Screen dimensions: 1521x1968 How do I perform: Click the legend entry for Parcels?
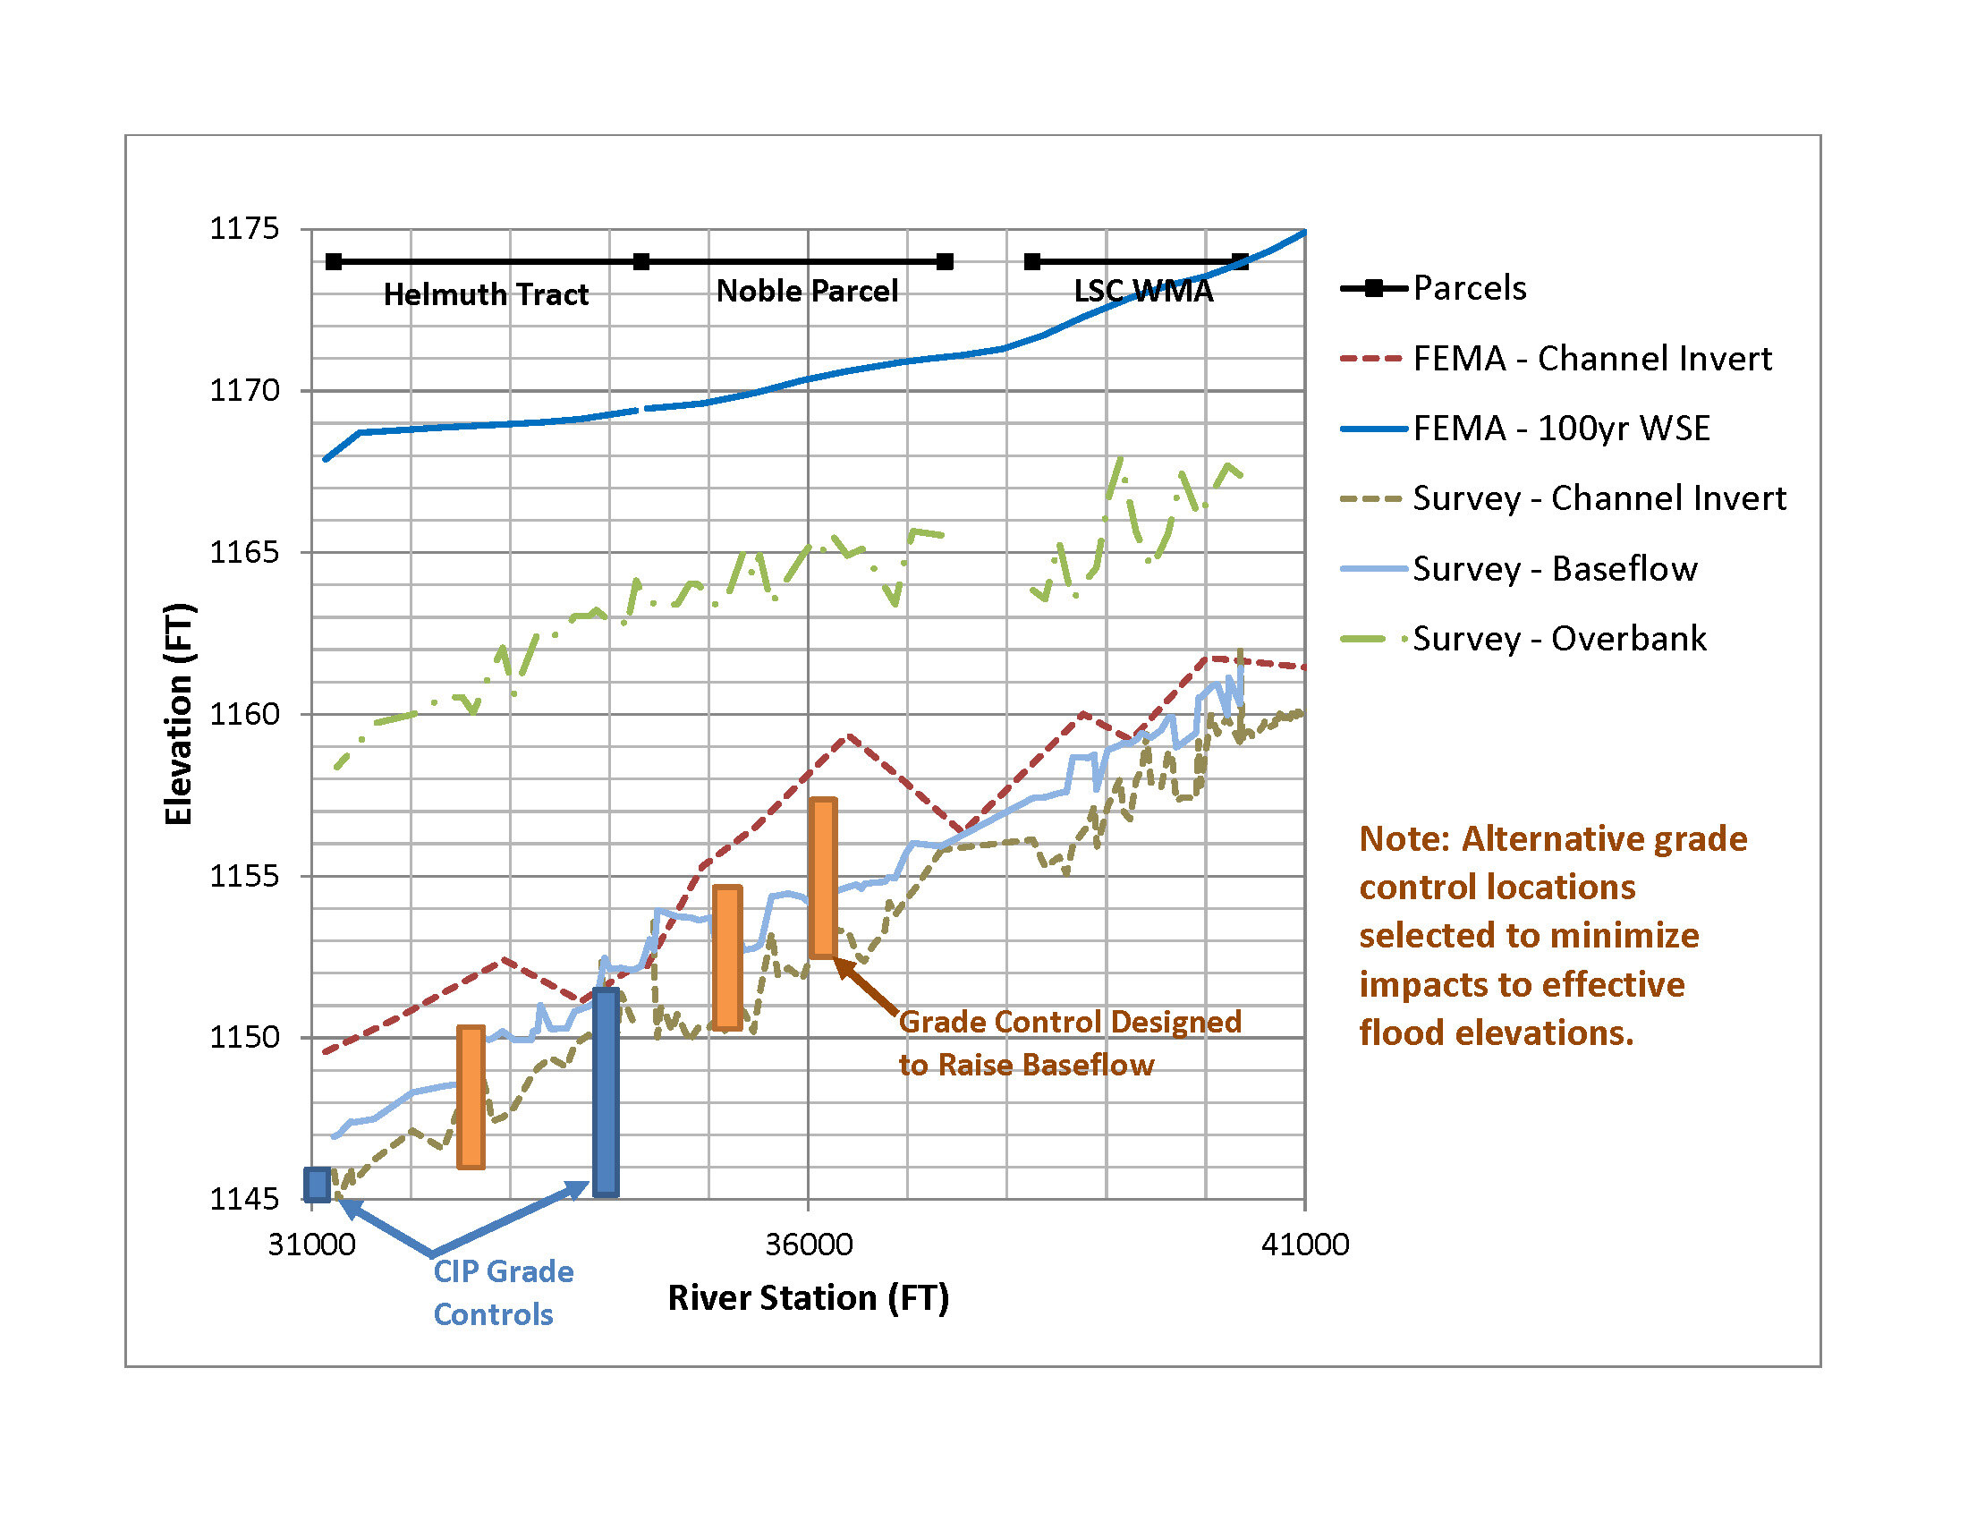[x=1469, y=288]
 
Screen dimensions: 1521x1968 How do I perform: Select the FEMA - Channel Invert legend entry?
[x=1591, y=359]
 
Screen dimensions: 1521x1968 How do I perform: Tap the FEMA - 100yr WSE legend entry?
[x=1561, y=428]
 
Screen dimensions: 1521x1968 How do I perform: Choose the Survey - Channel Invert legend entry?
[x=1599, y=498]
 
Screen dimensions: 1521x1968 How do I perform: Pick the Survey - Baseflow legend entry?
[x=1555, y=568]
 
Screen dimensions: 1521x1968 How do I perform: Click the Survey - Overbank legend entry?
[x=1559, y=639]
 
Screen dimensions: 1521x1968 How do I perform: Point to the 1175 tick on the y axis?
[x=244, y=229]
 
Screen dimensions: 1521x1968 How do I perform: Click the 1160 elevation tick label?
[x=244, y=715]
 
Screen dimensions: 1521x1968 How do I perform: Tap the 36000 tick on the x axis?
[x=809, y=1245]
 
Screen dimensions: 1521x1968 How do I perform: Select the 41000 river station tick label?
[x=1305, y=1245]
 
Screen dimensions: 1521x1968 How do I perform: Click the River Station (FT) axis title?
[x=809, y=1297]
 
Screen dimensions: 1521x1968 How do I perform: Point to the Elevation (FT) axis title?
[x=178, y=714]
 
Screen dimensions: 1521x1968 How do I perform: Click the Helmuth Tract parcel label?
[x=486, y=294]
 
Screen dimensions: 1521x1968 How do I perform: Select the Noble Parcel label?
[x=807, y=291]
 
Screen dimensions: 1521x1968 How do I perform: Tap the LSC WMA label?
[x=1142, y=291]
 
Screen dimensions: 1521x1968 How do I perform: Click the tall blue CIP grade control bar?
[x=606, y=1092]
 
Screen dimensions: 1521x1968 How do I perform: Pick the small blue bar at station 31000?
[x=317, y=1184]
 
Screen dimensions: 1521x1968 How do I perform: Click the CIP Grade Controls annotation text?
[x=502, y=1292]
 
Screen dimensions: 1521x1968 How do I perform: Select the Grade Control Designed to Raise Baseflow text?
[x=1070, y=1043]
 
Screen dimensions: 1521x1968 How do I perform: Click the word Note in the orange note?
[x=1401, y=839]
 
